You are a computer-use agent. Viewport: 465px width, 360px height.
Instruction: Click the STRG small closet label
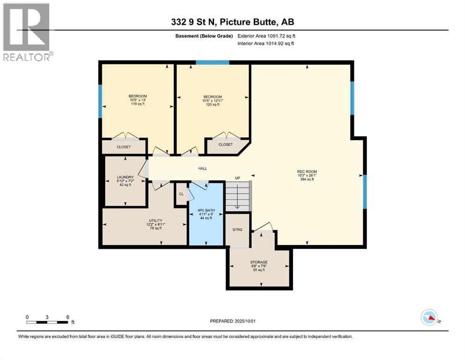click(237, 230)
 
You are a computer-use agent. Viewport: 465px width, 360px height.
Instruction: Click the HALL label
click(202, 169)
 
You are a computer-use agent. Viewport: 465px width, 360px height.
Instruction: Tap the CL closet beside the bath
click(181, 194)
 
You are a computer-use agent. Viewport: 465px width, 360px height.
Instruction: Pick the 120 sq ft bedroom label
click(213, 101)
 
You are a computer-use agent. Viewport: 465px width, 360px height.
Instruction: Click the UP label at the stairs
click(237, 179)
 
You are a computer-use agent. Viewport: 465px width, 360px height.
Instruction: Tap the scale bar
click(47, 322)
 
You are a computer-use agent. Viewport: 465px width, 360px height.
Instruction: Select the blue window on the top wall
click(212, 62)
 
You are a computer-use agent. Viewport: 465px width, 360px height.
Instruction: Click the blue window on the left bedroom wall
click(100, 101)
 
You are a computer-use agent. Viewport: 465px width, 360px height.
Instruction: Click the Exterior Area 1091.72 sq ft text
click(266, 36)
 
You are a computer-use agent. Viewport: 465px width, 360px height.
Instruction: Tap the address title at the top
click(232, 22)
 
